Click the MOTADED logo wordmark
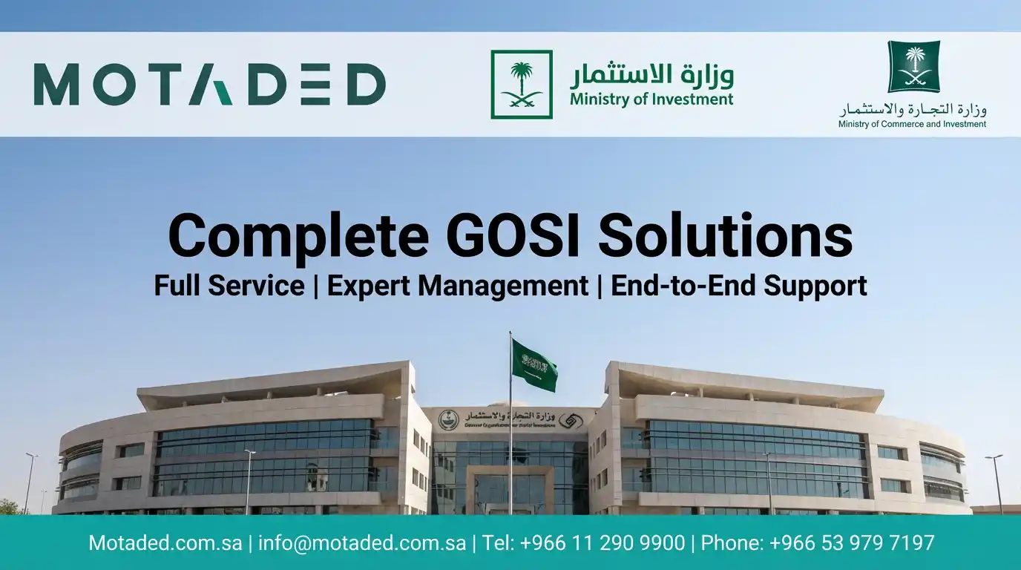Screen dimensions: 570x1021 (x=209, y=84)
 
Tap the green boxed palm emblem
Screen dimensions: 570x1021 (x=522, y=84)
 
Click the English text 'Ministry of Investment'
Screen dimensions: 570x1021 (x=651, y=99)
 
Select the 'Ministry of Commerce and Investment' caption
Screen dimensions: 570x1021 (x=912, y=124)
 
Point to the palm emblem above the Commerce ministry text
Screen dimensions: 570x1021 (x=913, y=67)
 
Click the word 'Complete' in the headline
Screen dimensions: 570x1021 (x=298, y=235)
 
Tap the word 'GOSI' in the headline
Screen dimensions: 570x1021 (x=513, y=235)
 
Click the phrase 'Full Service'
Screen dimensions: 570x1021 (x=229, y=286)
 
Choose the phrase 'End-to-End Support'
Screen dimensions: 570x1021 (x=738, y=286)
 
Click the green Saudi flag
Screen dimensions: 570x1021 (x=534, y=364)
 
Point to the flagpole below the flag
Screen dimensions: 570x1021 (x=510, y=453)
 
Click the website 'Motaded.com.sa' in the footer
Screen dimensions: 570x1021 (x=165, y=543)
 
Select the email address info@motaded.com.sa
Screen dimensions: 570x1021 (x=362, y=543)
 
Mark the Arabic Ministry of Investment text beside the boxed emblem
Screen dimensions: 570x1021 (x=651, y=74)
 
